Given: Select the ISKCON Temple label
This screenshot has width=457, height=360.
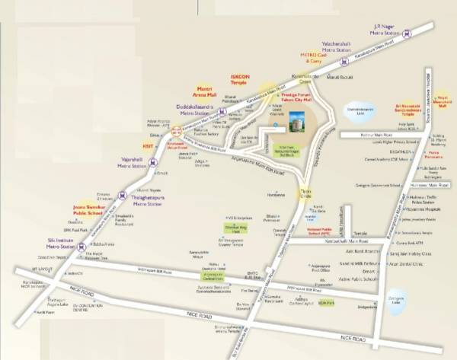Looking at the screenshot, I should pyautogui.click(x=242, y=79).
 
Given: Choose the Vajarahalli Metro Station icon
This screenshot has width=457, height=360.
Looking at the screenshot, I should pyautogui.click(x=152, y=162).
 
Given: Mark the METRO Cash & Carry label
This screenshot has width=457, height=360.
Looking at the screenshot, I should pyautogui.click(x=315, y=57).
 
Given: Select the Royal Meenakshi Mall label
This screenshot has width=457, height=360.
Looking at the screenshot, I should pyautogui.click(x=439, y=102).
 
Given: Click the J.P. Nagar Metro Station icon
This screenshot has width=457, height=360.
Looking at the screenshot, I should pyautogui.click(x=408, y=33).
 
